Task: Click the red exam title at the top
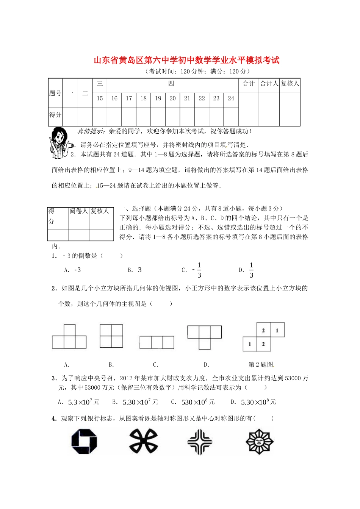coord(186,61)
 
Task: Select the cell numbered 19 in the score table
coord(158,98)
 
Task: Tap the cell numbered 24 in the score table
coord(231,98)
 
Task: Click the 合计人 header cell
coord(269,84)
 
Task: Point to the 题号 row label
coord(55,93)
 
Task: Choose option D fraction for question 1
coord(251,270)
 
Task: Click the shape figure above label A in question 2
coord(69,337)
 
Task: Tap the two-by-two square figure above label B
coord(111,336)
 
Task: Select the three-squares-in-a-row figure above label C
coord(157,342)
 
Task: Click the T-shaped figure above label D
coord(205,337)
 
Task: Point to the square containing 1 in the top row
coord(277,330)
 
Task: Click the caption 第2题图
coord(261,364)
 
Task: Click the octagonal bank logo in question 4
coord(84,441)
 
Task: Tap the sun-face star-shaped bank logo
coord(260,441)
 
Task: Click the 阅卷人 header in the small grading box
coord(79,211)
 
